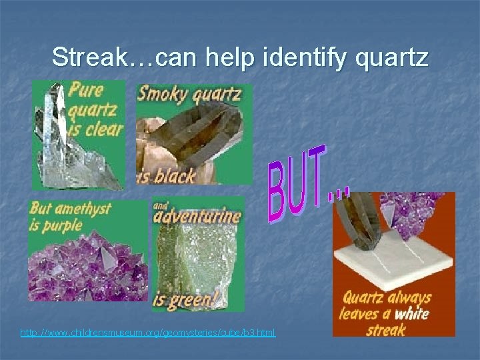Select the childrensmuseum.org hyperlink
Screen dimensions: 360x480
(147, 331)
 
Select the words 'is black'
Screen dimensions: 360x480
(166, 176)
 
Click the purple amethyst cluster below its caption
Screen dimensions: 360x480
(87, 263)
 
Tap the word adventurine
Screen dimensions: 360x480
(199, 217)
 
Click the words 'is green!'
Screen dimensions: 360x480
(185, 300)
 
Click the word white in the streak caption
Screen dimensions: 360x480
(411, 314)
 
